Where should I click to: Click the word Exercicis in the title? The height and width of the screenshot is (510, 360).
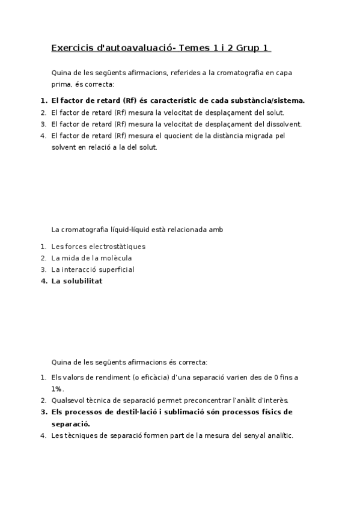(x=69, y=48)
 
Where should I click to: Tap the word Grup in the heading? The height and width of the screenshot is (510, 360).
(x=250, y=48)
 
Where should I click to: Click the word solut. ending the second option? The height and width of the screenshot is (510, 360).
(x=273, y=112)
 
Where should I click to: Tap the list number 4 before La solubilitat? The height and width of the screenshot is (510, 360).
(x=43, y=281)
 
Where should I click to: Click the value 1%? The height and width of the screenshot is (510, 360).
(x=58, y=389)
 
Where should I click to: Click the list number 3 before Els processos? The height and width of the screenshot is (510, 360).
(x=43, y=412)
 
